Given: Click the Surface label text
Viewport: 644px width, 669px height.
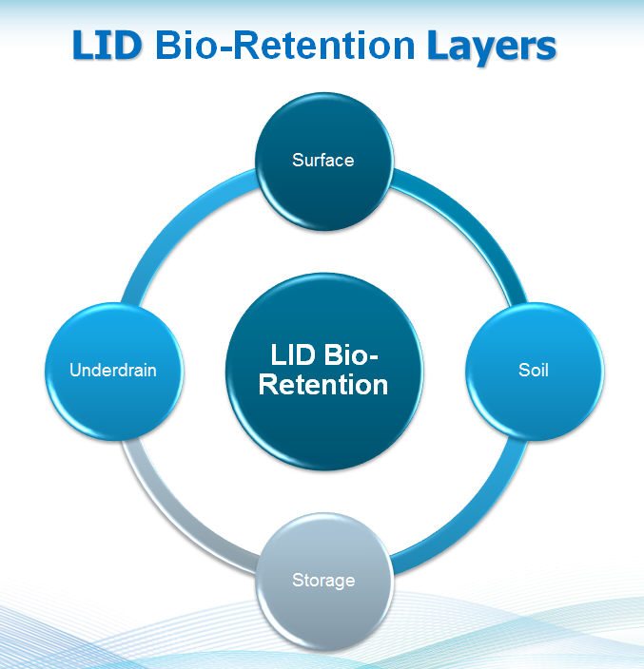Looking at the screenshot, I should tap(323, 160).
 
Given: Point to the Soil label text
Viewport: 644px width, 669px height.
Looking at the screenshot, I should tap(534, 370).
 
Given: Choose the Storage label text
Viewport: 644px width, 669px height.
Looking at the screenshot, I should tap(323, 580).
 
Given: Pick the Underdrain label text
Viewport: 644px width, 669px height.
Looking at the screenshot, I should tap(113, 370).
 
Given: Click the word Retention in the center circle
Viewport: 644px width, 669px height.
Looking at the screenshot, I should tap(323, 385).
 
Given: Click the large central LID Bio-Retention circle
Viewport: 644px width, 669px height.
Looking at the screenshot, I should tap(323, 418).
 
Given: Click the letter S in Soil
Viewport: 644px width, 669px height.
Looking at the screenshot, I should tap(522, 370).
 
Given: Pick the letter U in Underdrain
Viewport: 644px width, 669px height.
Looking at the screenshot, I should tap(75, 370).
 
